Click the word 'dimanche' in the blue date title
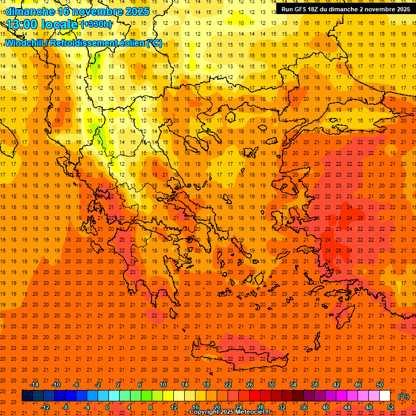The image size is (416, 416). click(x=30, y=11)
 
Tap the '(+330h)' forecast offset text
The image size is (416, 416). click(x=96, y=24)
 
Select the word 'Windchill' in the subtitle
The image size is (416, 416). click(x=25, y=43)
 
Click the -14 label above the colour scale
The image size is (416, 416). click(x=34, y=385)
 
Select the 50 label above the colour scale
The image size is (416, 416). click(x=380, y=385)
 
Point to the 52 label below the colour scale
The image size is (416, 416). click(x=391, y=407)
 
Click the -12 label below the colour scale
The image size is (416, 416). click(x=45, y=407)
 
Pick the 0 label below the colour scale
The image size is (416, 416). click(x=107, y=407)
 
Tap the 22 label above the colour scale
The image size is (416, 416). click(x=228, y=385)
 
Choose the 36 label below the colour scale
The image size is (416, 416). click(x=304, y=407)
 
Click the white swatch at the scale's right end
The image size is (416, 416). click(x=385, y=396)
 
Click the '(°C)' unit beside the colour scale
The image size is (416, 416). click(x=404, y=396)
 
